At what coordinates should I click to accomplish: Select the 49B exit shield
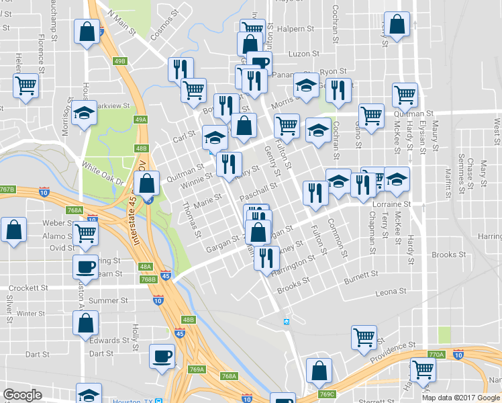120,61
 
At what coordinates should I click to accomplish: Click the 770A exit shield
436,355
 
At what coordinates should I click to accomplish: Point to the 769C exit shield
328,394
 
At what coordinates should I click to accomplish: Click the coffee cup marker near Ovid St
85,266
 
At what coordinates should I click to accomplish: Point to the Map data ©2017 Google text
460,398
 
